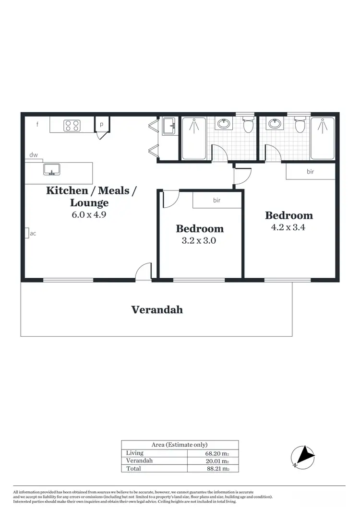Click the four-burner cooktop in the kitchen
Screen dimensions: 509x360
(x=72, y=126)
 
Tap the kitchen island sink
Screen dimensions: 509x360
(x=51, y=169)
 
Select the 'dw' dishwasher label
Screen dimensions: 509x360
(x=34, y=155)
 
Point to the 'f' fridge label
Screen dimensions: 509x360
(x=37, y=125)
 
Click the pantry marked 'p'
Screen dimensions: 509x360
(x=102, y=124)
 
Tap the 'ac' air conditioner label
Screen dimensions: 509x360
(x=33, y=234)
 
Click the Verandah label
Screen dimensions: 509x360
(x=157, y=310)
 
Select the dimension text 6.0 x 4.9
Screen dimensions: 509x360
(x=88, y=215)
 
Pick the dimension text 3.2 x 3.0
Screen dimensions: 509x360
(x=199, y=241)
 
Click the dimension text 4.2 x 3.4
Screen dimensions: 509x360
(x=288, y=227)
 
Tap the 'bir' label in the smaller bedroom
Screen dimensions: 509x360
(x=216, y=201)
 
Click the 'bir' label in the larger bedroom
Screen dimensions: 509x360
(x=310, y=171)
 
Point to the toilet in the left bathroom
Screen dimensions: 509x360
(x=248, y=125)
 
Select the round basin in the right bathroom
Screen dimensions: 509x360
(x=275, y=124)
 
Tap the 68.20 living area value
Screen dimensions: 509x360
(x=214, y=453)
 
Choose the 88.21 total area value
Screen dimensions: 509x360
(x=214, y=469)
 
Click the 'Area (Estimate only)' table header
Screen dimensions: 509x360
(x=180, y=445)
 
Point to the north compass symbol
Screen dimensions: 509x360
(x=303, y=455)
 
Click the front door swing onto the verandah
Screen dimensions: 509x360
(x=144, y=272)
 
